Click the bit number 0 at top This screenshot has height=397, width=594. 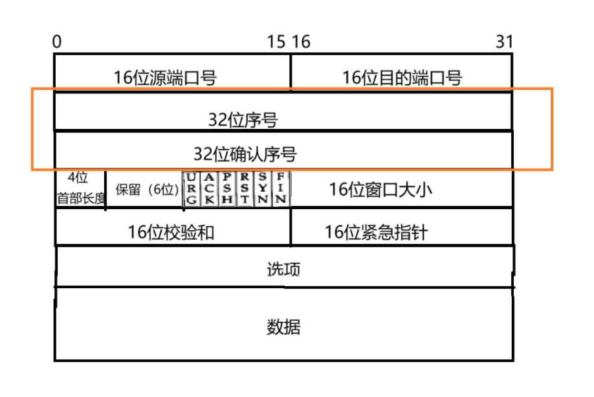(57, 42)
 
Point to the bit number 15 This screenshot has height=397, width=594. (276, 42)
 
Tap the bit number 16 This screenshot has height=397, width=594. (301, 42)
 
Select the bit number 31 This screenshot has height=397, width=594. (504, 42)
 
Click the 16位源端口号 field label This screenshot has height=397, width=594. (165, 78)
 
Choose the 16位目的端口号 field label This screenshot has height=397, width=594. (402, 78)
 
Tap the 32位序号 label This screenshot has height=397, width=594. (243, 119)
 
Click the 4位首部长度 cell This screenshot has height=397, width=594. (80, 188)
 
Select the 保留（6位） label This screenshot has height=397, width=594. (147, 190)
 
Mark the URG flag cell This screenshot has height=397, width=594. (191, 188)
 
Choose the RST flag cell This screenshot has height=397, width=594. (245, 188)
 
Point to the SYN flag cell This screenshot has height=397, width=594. (262, 188)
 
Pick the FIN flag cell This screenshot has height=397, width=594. (280, 188)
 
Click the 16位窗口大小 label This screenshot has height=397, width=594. (380, 190)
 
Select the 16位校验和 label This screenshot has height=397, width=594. (171, 233)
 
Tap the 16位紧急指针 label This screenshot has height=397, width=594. (376, 233)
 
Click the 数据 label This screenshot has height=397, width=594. (283, 326)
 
